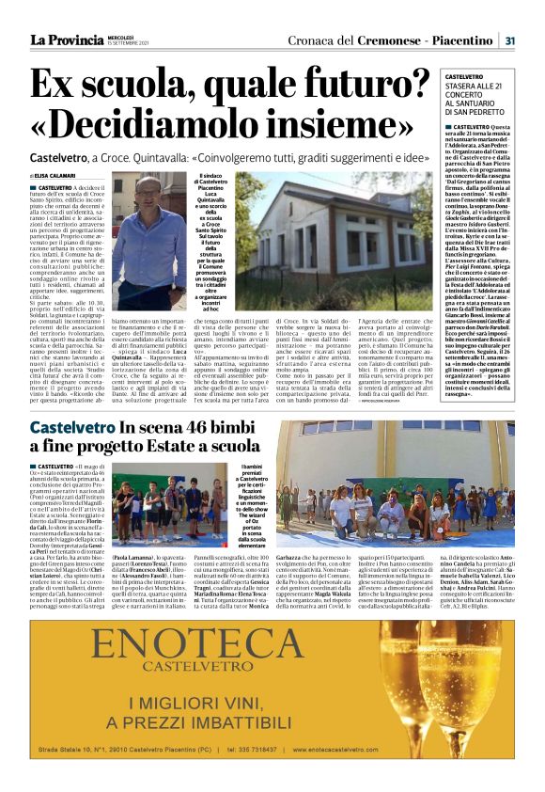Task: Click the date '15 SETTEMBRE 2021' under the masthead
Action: [126, 43]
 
